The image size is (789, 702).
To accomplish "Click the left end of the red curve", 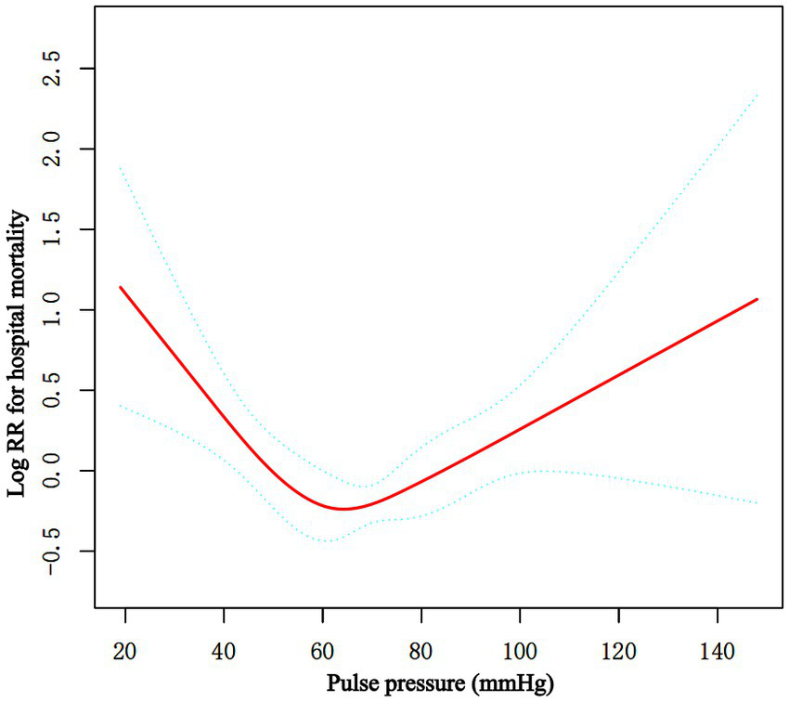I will (120, 287).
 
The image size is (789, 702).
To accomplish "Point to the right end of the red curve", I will (758, 299).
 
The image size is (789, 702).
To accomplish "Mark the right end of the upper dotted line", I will (758, 94).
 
